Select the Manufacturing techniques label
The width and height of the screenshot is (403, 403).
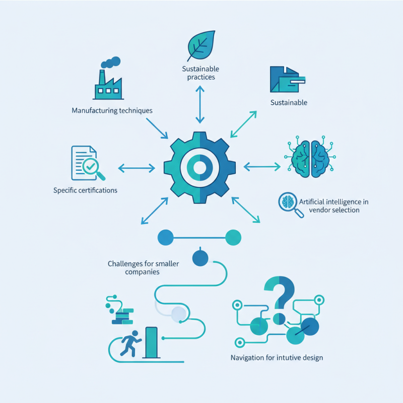[x=112, y=110]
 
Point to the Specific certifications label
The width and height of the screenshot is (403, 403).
[x=85, y=190]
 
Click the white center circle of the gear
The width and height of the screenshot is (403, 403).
[x=200, y=167]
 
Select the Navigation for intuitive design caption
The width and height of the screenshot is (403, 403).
[x=277, y=358]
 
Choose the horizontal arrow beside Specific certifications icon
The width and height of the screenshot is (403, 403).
[x=137, y=166]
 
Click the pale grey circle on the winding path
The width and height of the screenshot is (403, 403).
[x=179, y=314]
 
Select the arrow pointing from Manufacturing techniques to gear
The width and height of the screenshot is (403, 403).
[x=157, y=128]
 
